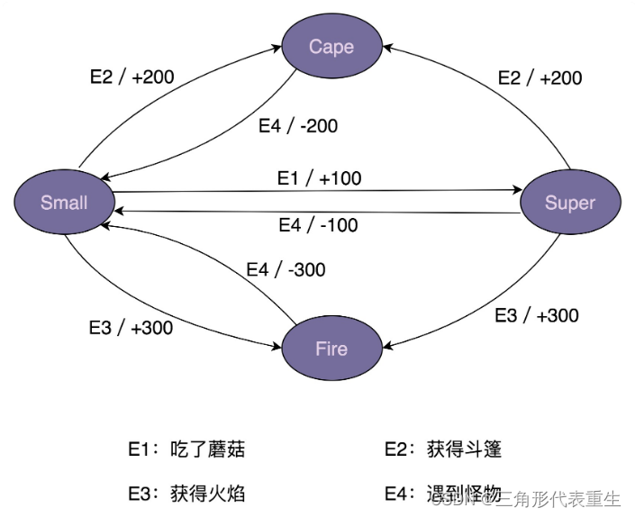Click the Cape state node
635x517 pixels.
click(331, 47)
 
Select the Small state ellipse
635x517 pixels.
click(64, 202)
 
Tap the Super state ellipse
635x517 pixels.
click(570, 202)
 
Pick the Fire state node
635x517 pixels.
click(331, 348)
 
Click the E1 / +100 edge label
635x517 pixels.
click(319, 178)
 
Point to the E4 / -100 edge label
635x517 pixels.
click(318, 225)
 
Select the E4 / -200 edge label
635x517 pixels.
click(298, 126)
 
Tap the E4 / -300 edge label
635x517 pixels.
click(286, 269)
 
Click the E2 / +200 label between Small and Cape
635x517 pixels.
click(132, 77)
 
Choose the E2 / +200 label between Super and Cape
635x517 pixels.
click(540, 77)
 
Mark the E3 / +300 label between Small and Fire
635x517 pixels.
click(131, 327)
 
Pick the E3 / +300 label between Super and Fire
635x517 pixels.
click(537, 315)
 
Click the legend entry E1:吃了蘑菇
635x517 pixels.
click(186, 449)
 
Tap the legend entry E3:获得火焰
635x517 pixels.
click(186, 493)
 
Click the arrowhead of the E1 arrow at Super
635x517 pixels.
click(517, 190)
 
